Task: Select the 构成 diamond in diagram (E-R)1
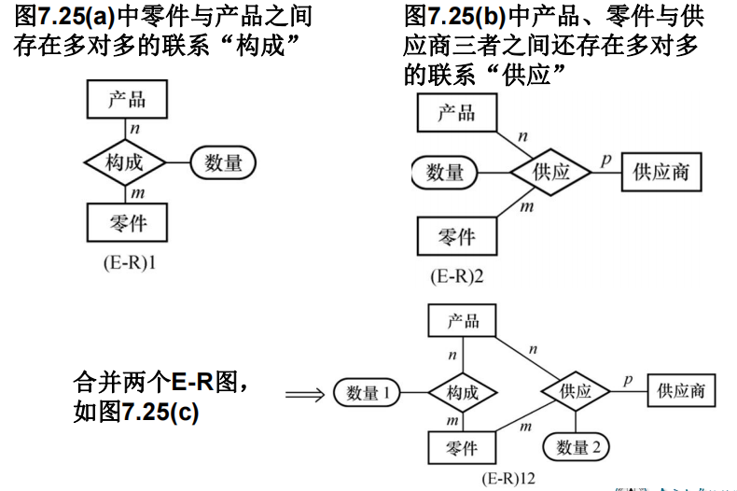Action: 125,162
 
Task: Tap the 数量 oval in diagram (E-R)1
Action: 223,162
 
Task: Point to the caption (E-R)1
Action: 128,263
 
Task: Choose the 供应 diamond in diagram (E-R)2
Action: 551,173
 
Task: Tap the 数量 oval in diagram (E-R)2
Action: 445,173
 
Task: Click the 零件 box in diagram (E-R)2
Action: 456,237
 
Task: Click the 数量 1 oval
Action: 367,393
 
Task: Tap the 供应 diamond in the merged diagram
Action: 576,392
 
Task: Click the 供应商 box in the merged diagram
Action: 681,392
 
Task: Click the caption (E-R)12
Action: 508,479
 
